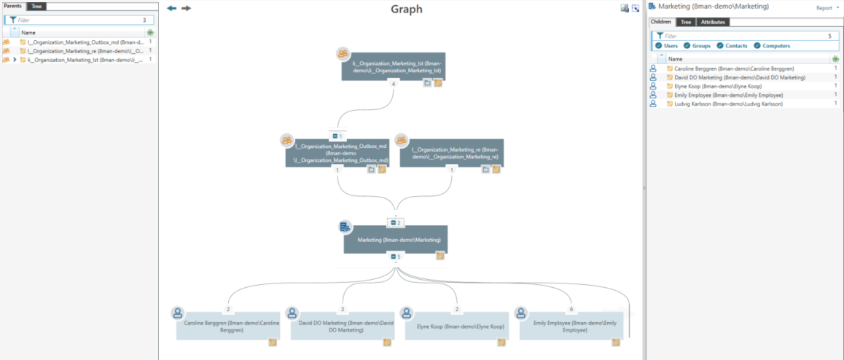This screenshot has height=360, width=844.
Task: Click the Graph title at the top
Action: click(x=406, y=9)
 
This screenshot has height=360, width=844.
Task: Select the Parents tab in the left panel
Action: click(x=12, y=6)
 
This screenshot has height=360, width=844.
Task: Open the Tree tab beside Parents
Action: click(x=36, y=6)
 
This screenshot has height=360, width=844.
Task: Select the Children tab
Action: click(x=662, y=23)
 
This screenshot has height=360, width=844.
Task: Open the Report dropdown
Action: click(x=827, y=8)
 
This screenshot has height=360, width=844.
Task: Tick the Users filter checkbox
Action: click(x=659, y=46)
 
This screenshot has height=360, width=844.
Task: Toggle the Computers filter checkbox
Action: click(x=757, y=46)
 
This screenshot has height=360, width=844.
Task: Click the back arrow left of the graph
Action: click(x=172, y=9)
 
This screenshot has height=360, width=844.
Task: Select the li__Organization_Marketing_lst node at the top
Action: click(x=394, y=67)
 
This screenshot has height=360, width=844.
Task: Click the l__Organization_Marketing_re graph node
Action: click(x=451, y=153)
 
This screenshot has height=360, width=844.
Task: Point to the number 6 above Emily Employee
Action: click(x=571, y=309)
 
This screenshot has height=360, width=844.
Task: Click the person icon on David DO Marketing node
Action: click(x=292, y=313)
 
